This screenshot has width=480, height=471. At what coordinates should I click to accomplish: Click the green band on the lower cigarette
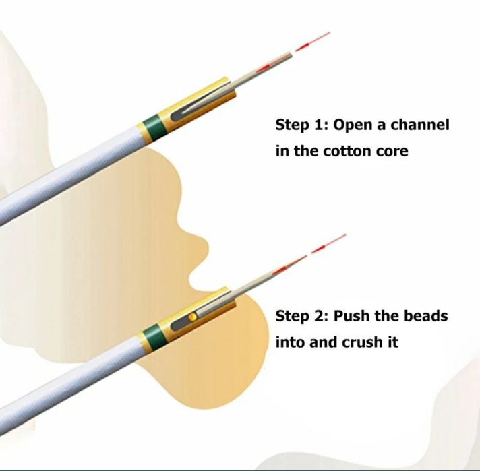point(154,338)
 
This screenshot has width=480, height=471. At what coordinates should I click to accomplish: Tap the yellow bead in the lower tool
point(193,317)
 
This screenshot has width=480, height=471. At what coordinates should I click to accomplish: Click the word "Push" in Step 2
point(351,316)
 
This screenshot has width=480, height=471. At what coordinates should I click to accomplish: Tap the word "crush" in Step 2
point(360,342)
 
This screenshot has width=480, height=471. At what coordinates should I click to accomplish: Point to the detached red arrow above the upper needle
point(313,40)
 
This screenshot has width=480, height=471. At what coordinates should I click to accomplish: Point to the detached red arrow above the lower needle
point(329,244)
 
